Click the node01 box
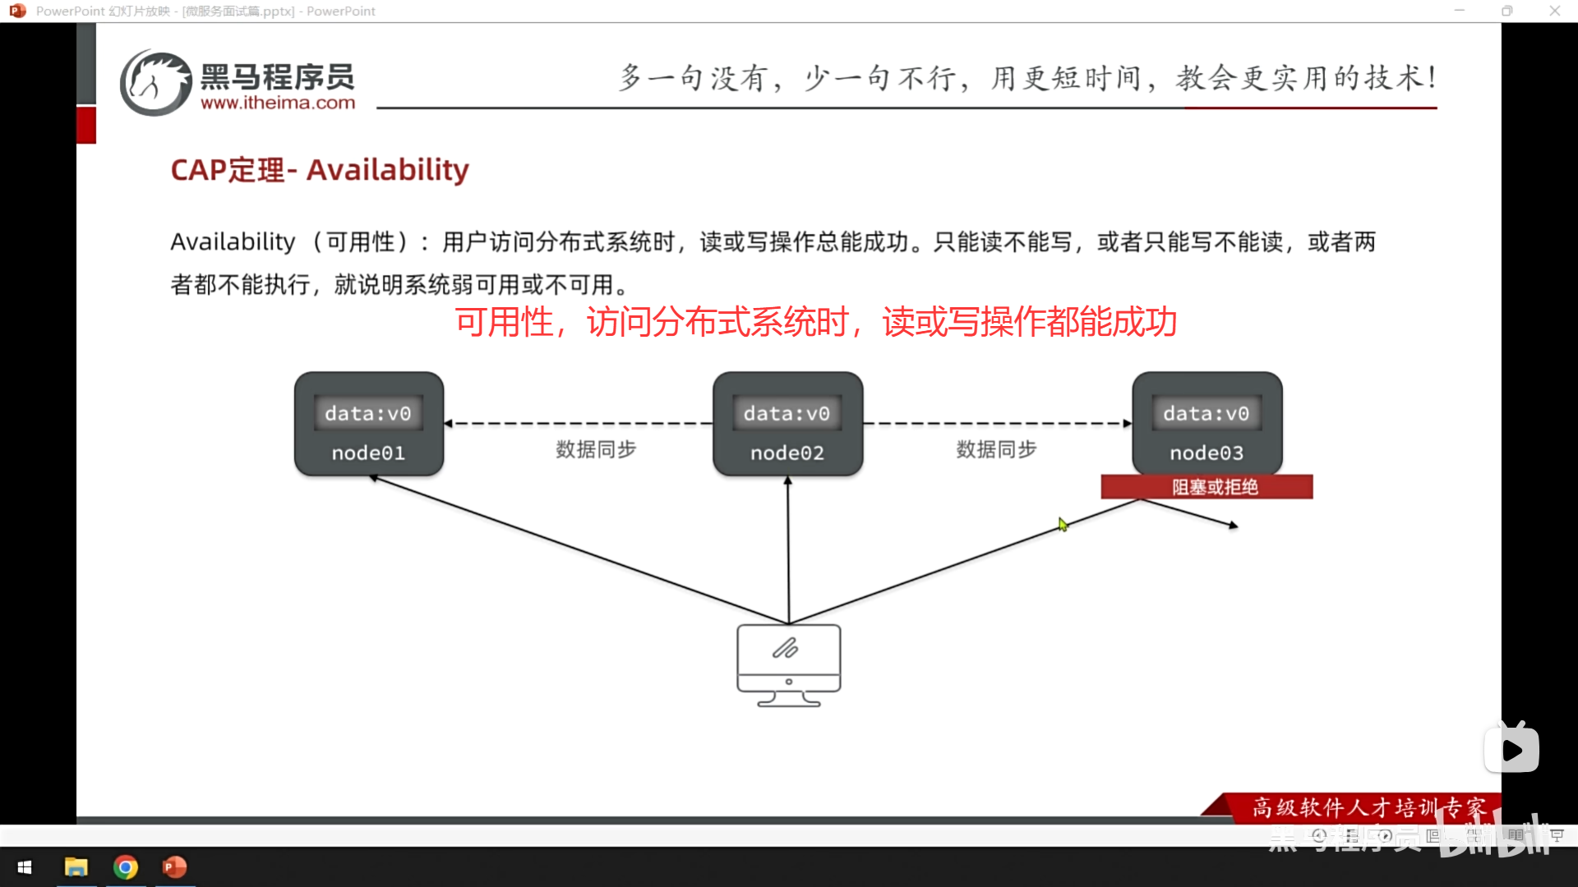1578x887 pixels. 369,424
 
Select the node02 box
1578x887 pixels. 787,424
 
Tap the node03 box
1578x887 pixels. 1207,424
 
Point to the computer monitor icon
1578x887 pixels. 789,664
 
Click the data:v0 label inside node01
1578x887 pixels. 368,413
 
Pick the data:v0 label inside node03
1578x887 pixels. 1206,413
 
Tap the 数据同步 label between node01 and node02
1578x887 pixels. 596,449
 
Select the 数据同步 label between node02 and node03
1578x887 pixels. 996,449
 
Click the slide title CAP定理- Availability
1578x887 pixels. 320,170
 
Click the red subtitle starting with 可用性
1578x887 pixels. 816,322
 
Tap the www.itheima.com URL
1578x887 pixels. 278,103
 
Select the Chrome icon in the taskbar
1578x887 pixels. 126,867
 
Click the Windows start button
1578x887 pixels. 25,867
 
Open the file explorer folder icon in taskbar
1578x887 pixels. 76,867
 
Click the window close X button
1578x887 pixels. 1554,11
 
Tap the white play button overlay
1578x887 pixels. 1511,749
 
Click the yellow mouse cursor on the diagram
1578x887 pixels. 1063,525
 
